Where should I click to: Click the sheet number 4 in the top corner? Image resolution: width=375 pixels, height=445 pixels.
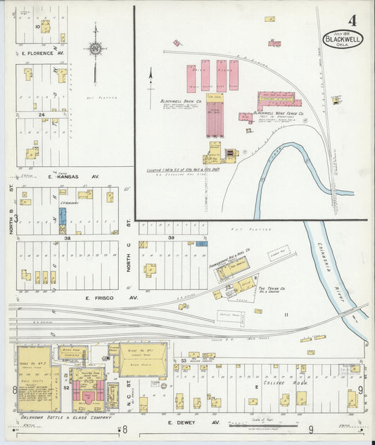click(x=352, y=20)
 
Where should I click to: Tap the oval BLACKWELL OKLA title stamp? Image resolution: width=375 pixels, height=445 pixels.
click(x=343, y=39)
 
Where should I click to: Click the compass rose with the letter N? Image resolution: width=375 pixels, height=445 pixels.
click(x=95, y=49)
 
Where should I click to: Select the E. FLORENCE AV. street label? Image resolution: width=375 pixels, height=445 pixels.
click(x=43, y=53)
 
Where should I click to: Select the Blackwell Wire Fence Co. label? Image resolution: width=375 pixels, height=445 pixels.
click(x=277, y=112)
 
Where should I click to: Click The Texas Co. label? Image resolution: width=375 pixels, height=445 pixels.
click(x=270, y=289)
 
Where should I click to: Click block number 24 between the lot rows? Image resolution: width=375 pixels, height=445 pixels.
click(x=42, y=114)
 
